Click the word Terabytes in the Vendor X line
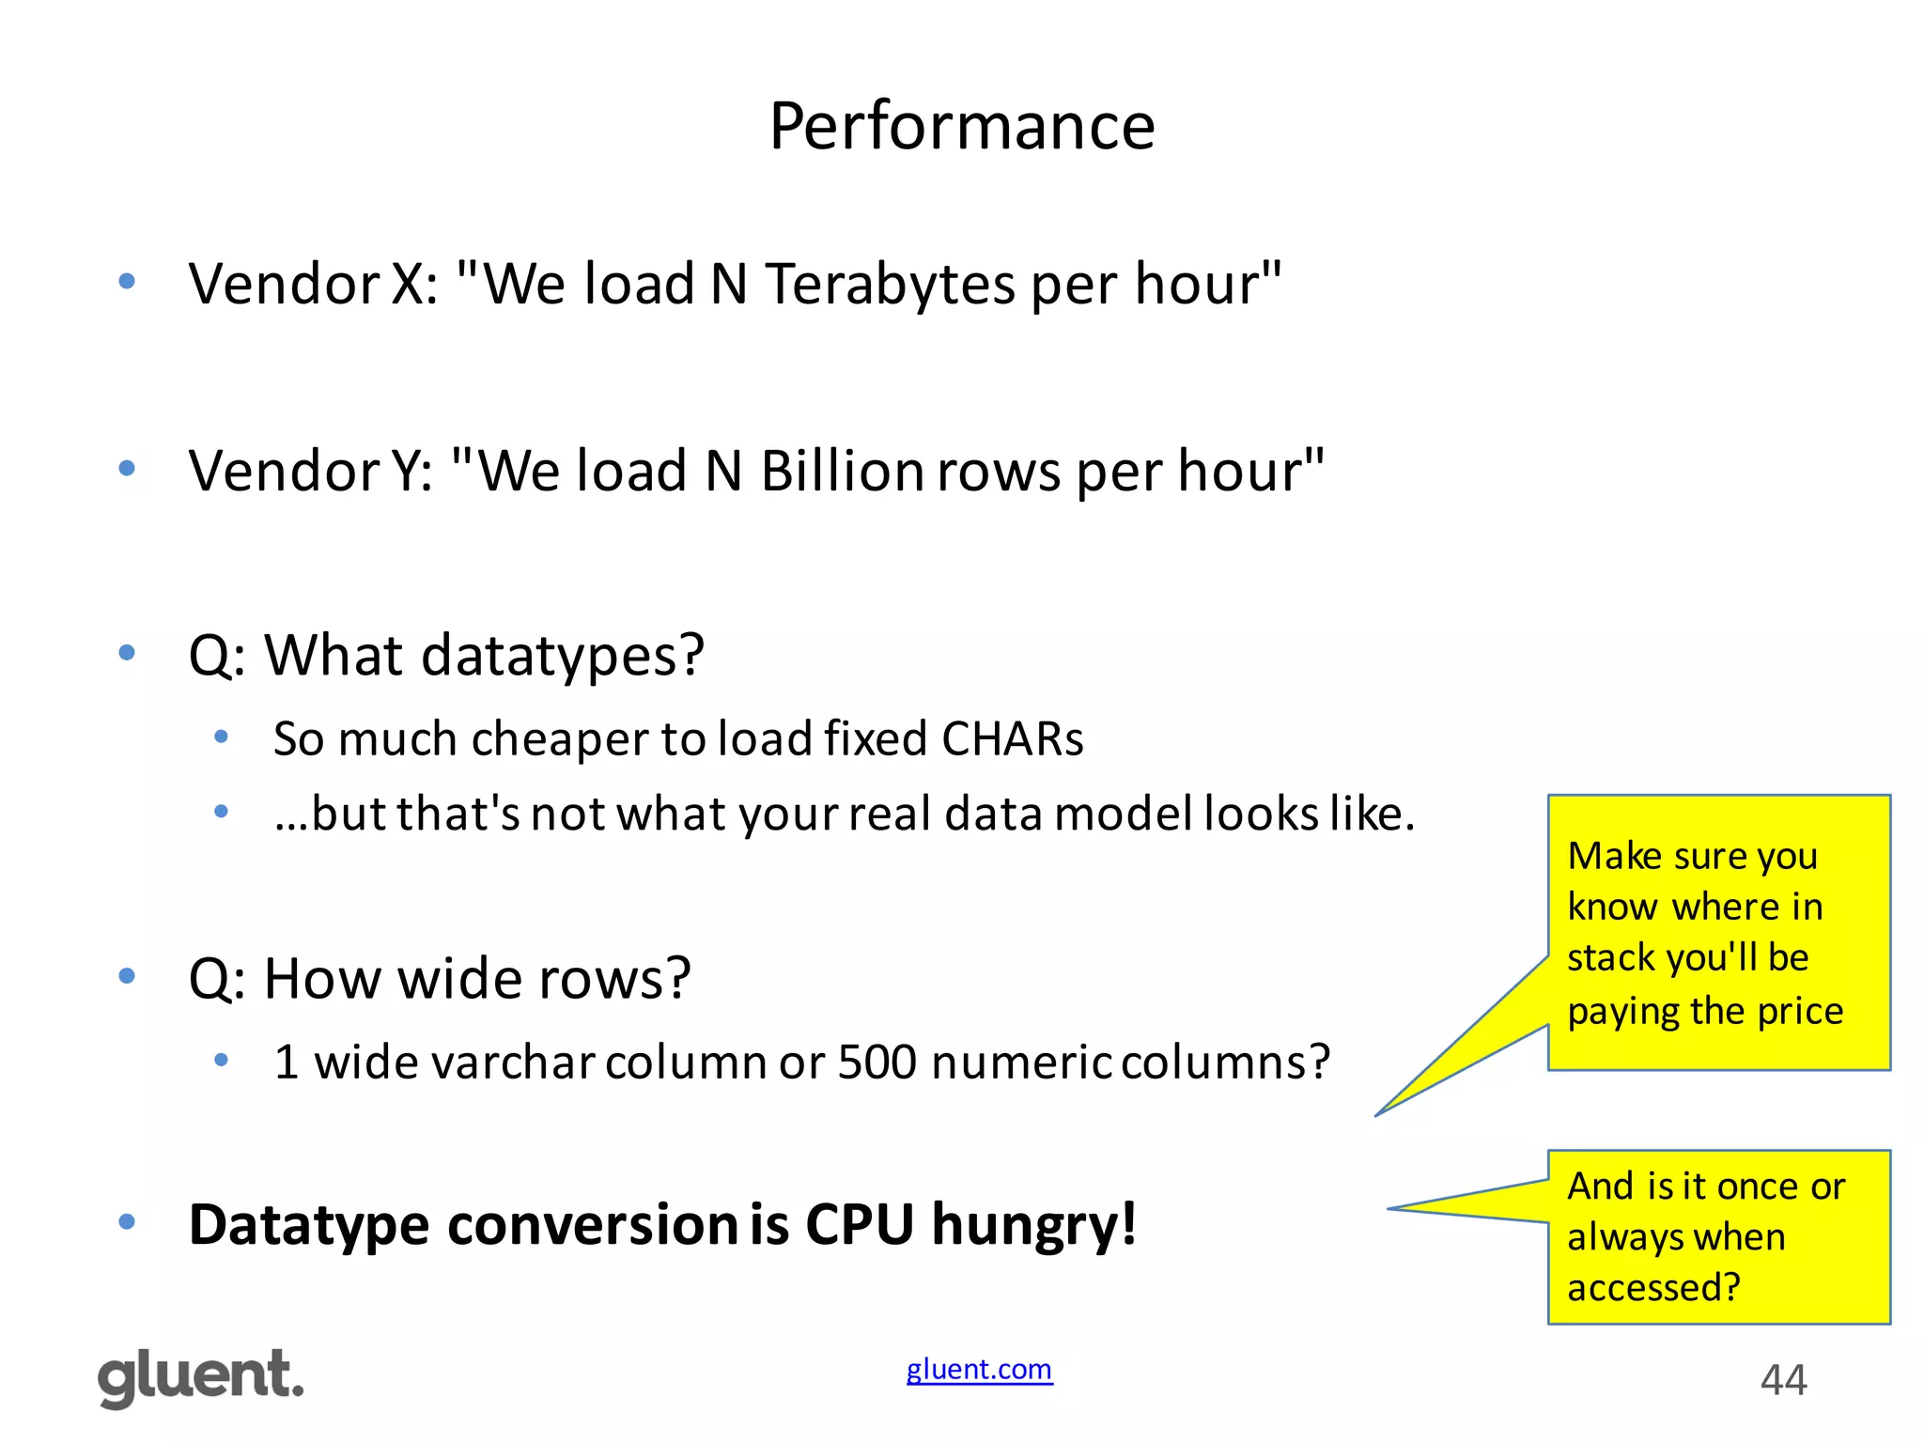click(890, 284)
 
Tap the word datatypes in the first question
click(562, 655)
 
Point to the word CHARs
click(1012, 738)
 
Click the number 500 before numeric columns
click(877, 1063)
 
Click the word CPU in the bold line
click(859, 1225)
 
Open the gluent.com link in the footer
click(979, 1370)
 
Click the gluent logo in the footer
click(201, 1377)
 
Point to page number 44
click(1783, 1380)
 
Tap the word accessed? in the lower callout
click(1653, 1287)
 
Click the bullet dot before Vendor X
click(127, 281)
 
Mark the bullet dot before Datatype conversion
click(127, 1222)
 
